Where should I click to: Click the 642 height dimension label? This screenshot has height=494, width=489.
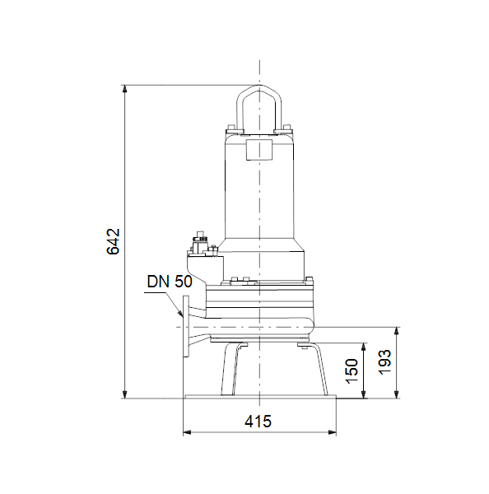coord(113,241)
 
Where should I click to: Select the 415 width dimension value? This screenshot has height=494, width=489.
coord(258,422)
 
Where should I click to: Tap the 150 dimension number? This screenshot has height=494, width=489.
coord(352,370)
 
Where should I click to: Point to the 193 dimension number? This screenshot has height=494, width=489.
coord(384,362)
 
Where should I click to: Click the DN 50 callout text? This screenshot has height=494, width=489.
coord(170,282)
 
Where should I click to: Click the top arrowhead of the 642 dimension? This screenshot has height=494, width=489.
coord(125,89)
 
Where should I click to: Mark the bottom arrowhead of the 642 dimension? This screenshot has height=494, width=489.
coord(125,394)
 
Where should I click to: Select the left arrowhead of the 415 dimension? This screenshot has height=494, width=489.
coord(187,432)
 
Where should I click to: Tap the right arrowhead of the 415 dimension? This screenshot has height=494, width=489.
coord(332,432)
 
